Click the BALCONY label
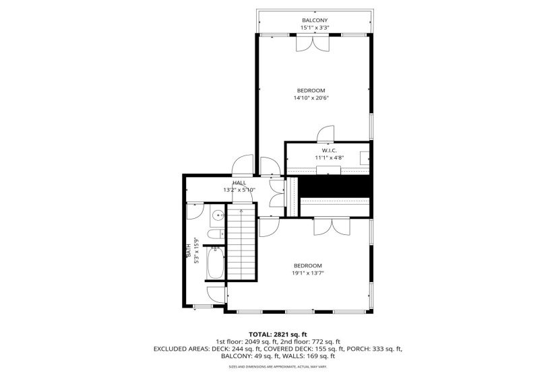point(315,20)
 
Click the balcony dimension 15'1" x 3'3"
point(315,28)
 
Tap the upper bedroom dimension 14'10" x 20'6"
point(311,98)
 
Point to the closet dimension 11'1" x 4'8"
point(329,158)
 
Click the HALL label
point(239,182)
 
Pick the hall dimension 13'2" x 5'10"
point(239,190)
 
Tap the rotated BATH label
point(188,251)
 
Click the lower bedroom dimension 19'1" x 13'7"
point(307,273)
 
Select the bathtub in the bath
point(216,264)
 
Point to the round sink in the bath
point(217,217)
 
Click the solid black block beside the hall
point(334,186)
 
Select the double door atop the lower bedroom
point(332,227)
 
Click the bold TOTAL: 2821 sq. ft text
point(277,334)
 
